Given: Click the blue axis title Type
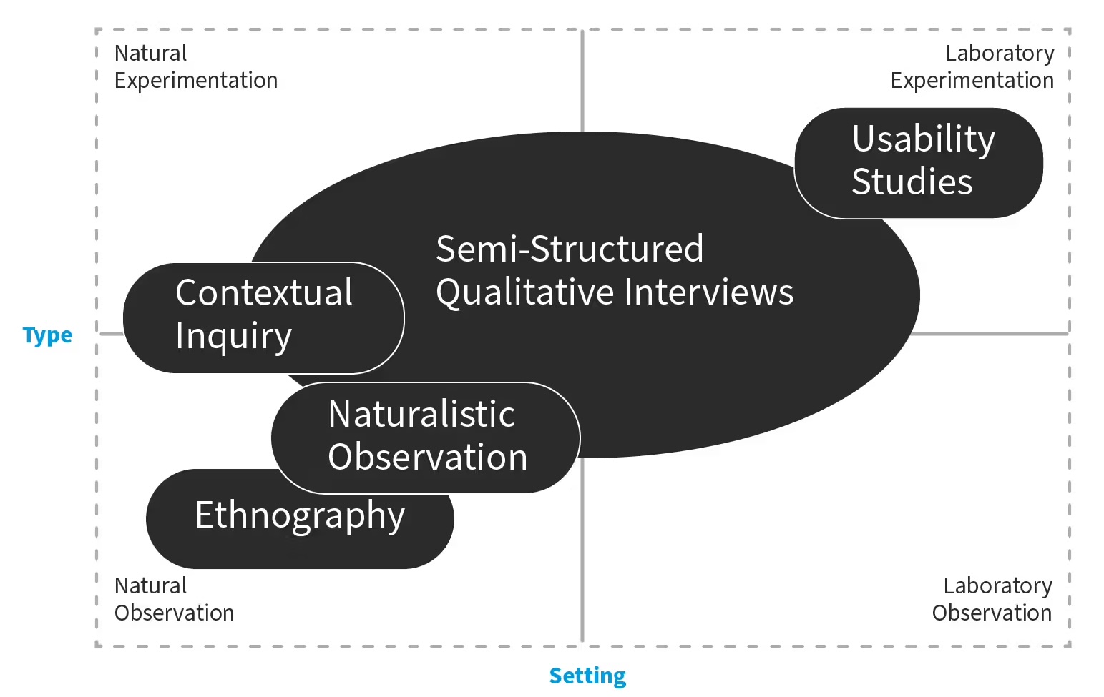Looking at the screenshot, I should [x=47, y=335].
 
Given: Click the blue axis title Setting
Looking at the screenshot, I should [x=587, y=676].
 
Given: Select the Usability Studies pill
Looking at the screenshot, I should [x=918, y=162].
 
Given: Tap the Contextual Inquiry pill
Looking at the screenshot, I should [x=263, y=317].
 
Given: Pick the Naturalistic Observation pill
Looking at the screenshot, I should [x=426, y=437].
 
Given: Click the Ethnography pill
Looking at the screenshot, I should [x=300, y=516].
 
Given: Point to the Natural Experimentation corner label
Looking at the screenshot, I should [x=195, y=66].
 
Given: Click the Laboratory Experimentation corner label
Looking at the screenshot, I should [x=972, y=66].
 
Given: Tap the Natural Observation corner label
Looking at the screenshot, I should [x=174, y=599].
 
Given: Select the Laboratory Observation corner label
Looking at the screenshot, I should [x=992, y=599].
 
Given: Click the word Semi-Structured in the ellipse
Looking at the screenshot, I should [x=570, y=249].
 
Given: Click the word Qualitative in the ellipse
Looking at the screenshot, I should [x=525, y=293].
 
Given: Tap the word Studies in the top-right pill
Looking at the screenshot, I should [x=912, y=182].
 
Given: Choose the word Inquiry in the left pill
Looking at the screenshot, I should [x=233, y=336].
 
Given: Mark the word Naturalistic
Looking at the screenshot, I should [x=421, y=414].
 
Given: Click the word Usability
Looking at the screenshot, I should [x=923, y=139].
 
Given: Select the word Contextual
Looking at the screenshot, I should [x=264, y=292].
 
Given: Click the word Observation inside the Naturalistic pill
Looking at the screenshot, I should [x=427, y=457].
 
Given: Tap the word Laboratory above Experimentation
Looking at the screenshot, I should [x=1000, y=54].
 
